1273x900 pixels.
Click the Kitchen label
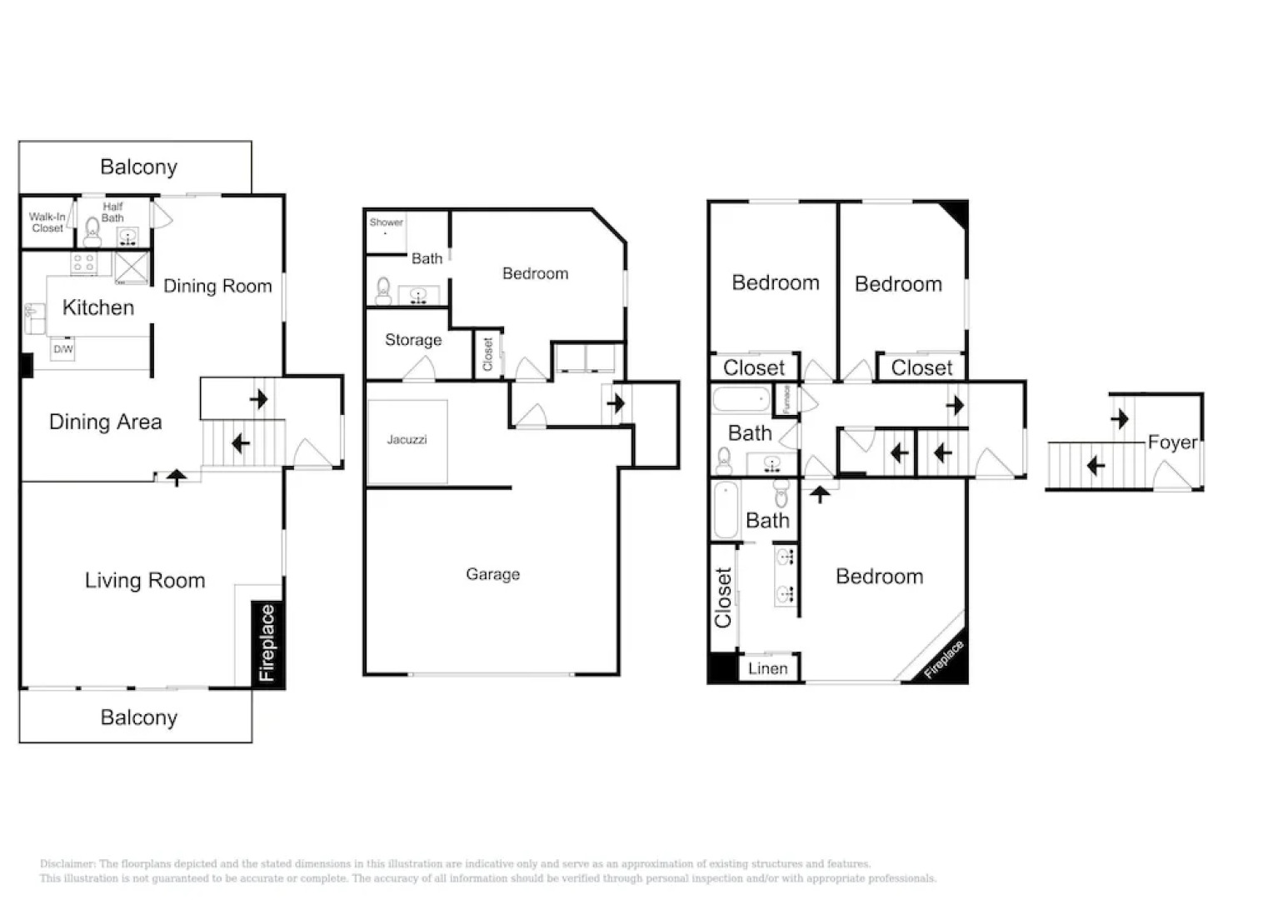tap(97, 307)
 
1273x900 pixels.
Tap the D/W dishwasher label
tap(63, 349)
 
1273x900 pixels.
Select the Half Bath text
tap(112, 212)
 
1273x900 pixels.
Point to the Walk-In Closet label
tap(47, 222)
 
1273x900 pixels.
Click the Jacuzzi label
tap(407, 439)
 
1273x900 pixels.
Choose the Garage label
tap(492, 574)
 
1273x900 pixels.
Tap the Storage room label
tap(413, 340)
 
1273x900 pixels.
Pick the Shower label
tap(386, 222)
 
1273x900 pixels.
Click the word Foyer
tap(1172, 442)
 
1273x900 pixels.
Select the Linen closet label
tap(767, 668)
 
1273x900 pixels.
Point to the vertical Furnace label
tap(786, 399)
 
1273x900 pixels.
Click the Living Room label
tap(145, 581)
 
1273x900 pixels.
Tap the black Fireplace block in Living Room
tap(267, 643)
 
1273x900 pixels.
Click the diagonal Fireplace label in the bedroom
tap(945, 659)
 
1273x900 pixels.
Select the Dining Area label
tap(105, 422)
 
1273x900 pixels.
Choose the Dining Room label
tap(217, 286)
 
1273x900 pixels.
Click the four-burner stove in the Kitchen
tap(83, 263)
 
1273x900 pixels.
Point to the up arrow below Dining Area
tap(177, 477)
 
